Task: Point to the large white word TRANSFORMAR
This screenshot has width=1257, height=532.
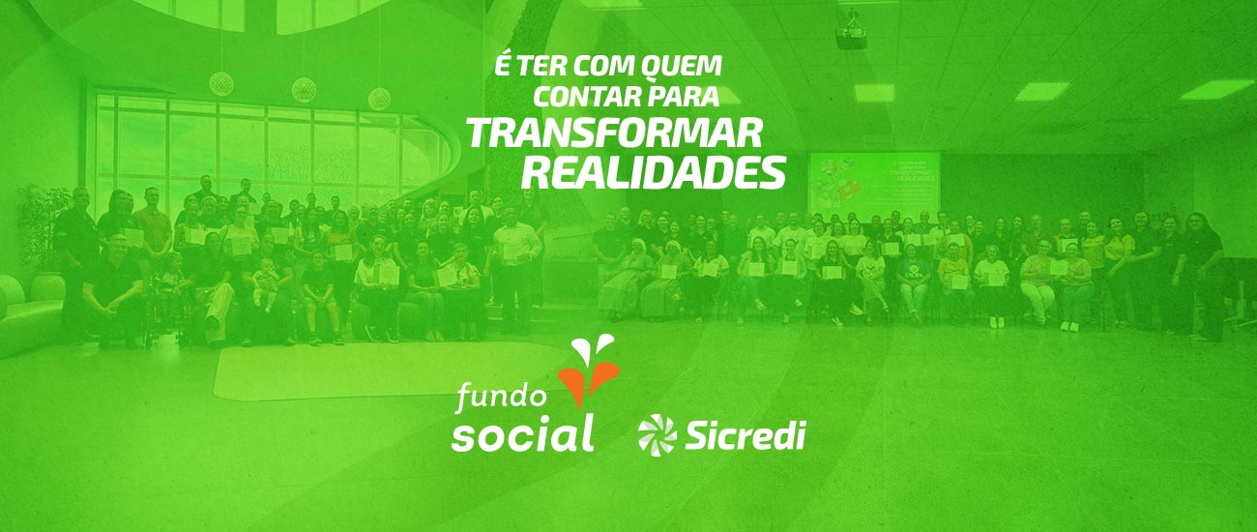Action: click(x=615, y=133)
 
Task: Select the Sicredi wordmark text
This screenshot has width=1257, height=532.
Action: click(x=745, y=435)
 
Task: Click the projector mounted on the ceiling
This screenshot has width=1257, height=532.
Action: click(x=850, y=35)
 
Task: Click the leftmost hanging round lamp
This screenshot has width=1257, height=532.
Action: click(x=222, y=83)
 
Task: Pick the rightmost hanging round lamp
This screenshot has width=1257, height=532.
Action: click(x=379, y=98)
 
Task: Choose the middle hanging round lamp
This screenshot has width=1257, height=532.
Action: click(x=305, y=90)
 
